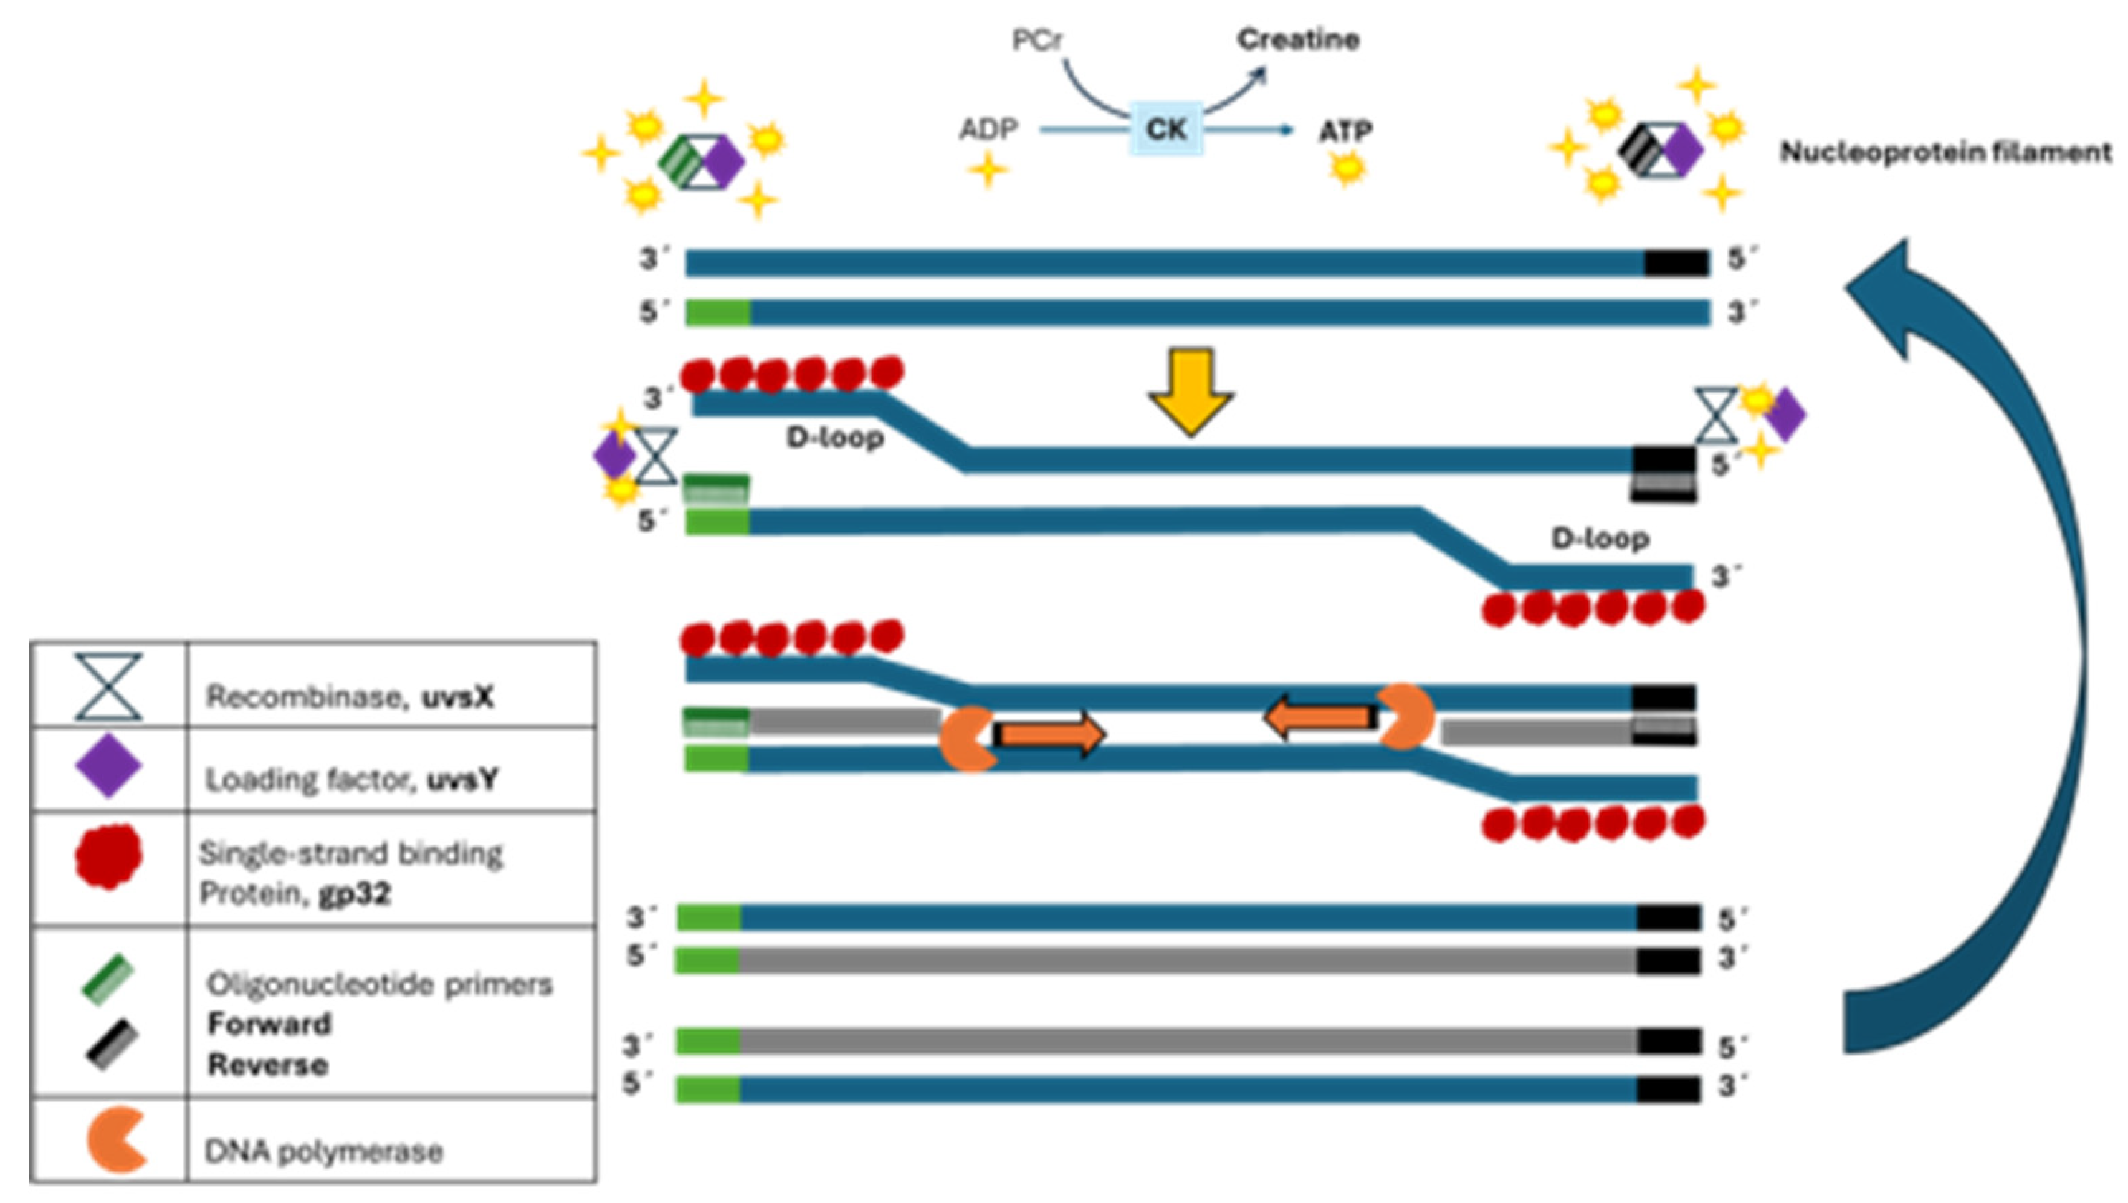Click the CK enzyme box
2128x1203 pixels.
point(1165,130)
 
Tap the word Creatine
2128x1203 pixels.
point(1297,39)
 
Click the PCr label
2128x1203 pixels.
point(1036,39)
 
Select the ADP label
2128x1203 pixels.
point(988,130)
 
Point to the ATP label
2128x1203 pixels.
point(1345,131)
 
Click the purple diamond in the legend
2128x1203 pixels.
point(108,767)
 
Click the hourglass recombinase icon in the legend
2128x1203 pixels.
point(108,686)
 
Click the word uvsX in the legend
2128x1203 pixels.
point(458,697)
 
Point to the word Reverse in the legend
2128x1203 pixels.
point(268,1064)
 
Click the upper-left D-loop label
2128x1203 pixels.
point(835,437)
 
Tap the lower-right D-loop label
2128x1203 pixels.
point(1600,539)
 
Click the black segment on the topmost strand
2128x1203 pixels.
point(1676,264)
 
